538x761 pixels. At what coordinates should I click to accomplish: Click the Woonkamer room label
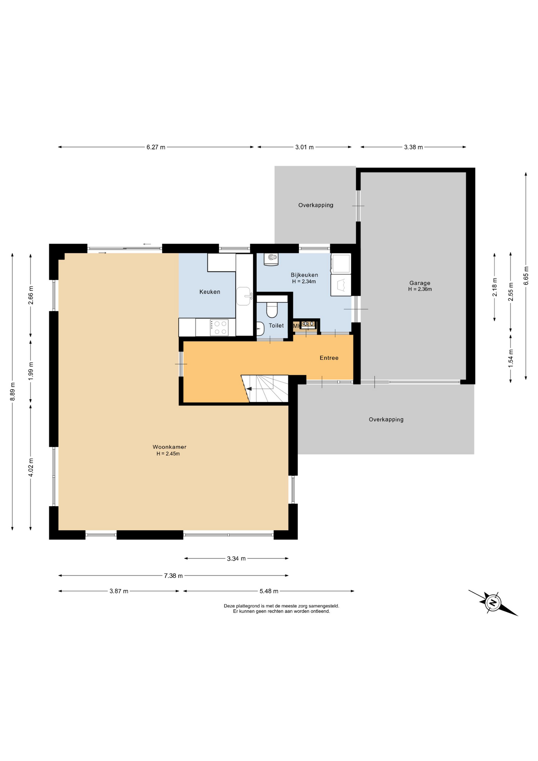tap(169, 447)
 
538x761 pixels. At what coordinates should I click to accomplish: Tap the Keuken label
tap(210, 292)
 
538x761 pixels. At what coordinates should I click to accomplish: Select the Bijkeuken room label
tap(304, 275)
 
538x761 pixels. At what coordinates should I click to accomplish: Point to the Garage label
tap(420, 283)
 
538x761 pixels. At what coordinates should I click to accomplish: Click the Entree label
tap(329, 358)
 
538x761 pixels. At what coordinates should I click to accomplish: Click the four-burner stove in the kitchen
tap(219, 328)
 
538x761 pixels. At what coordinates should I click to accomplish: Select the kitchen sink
tap(244, 296)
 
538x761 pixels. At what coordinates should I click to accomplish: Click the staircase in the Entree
tap(265, 389)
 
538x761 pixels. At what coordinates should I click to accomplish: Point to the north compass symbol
tap(493, 603)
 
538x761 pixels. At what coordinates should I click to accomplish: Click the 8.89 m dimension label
tap(12, 392)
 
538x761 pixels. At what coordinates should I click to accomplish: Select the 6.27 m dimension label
tap(156, 147)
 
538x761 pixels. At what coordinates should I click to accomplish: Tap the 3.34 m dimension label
tap(236, 558)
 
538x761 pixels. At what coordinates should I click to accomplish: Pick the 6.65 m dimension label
tap(526, 275)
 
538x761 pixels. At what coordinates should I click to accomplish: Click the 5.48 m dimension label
tap(269, 591)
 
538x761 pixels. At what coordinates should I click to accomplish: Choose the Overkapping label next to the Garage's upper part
tap(316, 205)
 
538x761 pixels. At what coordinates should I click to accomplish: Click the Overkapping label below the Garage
tap(386, 419)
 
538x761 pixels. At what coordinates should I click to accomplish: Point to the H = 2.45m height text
tap(168, 454)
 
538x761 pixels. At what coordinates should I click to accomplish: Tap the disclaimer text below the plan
tap(281, 608)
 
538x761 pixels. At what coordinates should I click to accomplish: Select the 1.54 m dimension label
tap(511, 358)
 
